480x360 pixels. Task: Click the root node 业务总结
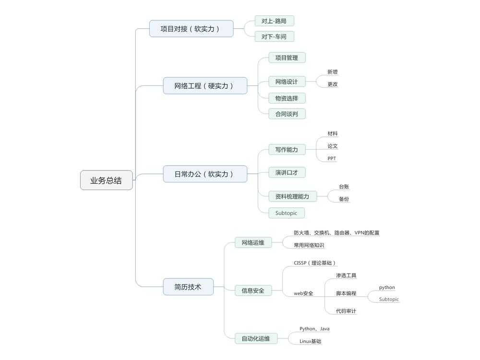point(106,180)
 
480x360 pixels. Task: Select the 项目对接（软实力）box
point(191,29)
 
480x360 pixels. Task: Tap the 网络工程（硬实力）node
point(205,86)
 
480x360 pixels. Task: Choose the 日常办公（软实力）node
point(205,174)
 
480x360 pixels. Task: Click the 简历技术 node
point(188,287)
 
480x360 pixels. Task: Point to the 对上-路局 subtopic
point(274,21)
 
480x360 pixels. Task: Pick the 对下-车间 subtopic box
point(274,37)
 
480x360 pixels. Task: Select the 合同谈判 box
point(287,114)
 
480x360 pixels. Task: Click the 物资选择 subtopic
point(287,98)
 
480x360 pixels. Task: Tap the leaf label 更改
point(333,84)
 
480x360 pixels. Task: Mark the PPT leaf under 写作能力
point(332,158)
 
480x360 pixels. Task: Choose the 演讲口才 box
point(287,173)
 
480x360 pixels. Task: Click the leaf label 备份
point(344,199)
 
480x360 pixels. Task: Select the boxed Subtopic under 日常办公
point(287,213)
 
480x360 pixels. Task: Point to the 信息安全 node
point(253,290)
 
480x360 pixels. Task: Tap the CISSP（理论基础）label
point(315,263)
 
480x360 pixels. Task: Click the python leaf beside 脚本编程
point(387,288)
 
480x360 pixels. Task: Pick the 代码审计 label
point(346,311)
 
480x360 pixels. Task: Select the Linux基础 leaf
point(310,341)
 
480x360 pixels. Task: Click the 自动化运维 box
point(256,338)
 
